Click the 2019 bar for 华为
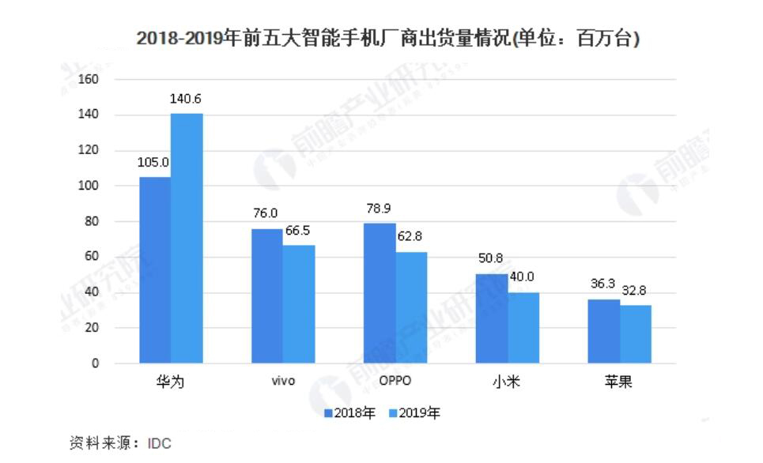pos(187,238)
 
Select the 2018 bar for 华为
pos(155,269)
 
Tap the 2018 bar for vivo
pos(266,295)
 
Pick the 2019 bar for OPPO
pos(411,307)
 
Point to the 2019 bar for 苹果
pos(636,333)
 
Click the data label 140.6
pos(187,100)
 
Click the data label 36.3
pos(603,286)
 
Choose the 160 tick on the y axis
pos(89,80)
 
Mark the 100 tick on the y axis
pos(89,186)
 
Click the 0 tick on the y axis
pos(94,363)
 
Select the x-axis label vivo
pos(282,382)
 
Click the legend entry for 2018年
pos(349,412)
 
